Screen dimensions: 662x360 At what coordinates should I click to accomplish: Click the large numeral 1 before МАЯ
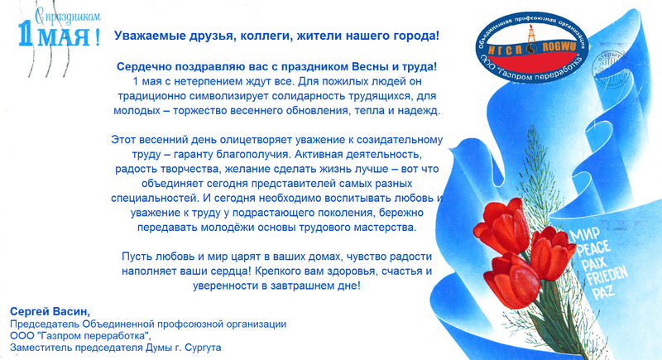click(x=26, y=33)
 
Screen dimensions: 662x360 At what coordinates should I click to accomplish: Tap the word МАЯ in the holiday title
click(x=65, y=36)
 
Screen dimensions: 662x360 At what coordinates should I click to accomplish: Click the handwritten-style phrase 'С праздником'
click(x=68, y=17)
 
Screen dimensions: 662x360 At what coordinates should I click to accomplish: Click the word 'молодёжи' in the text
click(x=226, y=228)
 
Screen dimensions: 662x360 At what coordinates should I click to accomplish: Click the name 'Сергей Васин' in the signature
click(x=50, y=312)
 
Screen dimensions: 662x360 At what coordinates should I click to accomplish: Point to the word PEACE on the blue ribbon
click(x=593, y=248)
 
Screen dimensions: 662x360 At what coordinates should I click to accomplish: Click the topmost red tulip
click(x=502, y=226)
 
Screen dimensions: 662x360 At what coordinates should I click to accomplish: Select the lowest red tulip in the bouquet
click(x=513, y=281)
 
